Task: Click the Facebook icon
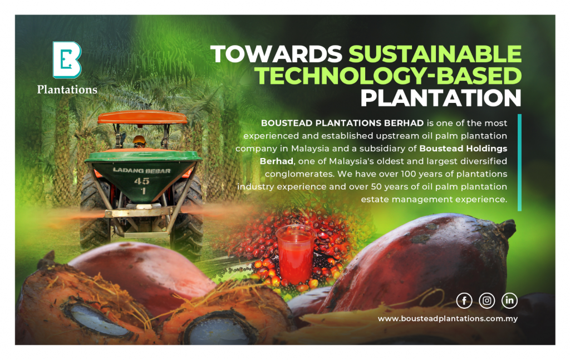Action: (464, 301)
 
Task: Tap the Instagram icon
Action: (487, 301)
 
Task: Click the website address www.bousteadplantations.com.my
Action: (448, 319)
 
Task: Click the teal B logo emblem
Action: (67, 60)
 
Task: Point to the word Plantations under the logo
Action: (67, 90)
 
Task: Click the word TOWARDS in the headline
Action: (276, 54)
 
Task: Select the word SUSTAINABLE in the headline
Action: (435, 54)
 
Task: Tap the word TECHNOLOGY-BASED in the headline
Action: (388, 76)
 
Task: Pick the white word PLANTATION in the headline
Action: (441, 98)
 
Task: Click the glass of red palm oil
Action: (295, 254)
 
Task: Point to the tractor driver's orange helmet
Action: (139, 140)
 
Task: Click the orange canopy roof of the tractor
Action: (142, 117)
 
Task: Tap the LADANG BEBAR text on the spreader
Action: (141, 170)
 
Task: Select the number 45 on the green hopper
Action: (142, 181)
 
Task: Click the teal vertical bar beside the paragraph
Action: (519, 162)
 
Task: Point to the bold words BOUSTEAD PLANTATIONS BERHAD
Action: (342, 123)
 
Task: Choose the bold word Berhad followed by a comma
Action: (277, 161)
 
